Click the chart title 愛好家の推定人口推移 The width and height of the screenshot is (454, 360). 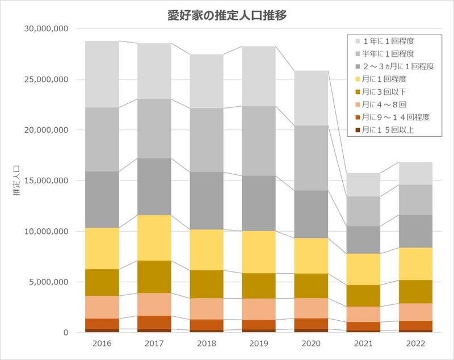click(227, 15)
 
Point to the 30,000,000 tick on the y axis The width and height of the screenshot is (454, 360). click(47, 29)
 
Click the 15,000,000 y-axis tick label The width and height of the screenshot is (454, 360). click(47, 181)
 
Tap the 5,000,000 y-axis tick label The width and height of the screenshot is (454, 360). click(49, 282)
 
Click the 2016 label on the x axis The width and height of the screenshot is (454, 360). click(102, 344)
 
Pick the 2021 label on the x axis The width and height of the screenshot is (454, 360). click(363, 344)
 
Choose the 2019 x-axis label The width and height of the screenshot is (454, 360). click(259, 344)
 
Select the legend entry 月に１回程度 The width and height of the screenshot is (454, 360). click(386, 79)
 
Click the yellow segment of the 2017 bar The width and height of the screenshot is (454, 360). click(154, 238)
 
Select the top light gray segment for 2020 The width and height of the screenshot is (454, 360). click(311, 98)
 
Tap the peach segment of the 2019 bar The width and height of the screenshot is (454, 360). click(259, 309)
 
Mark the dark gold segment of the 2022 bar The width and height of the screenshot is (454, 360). click(415, 291)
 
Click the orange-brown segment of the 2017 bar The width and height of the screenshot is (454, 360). click(154, 322)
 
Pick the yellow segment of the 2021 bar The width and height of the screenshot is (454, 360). click(363, 269)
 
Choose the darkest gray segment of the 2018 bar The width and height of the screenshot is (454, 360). click(207, 200)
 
